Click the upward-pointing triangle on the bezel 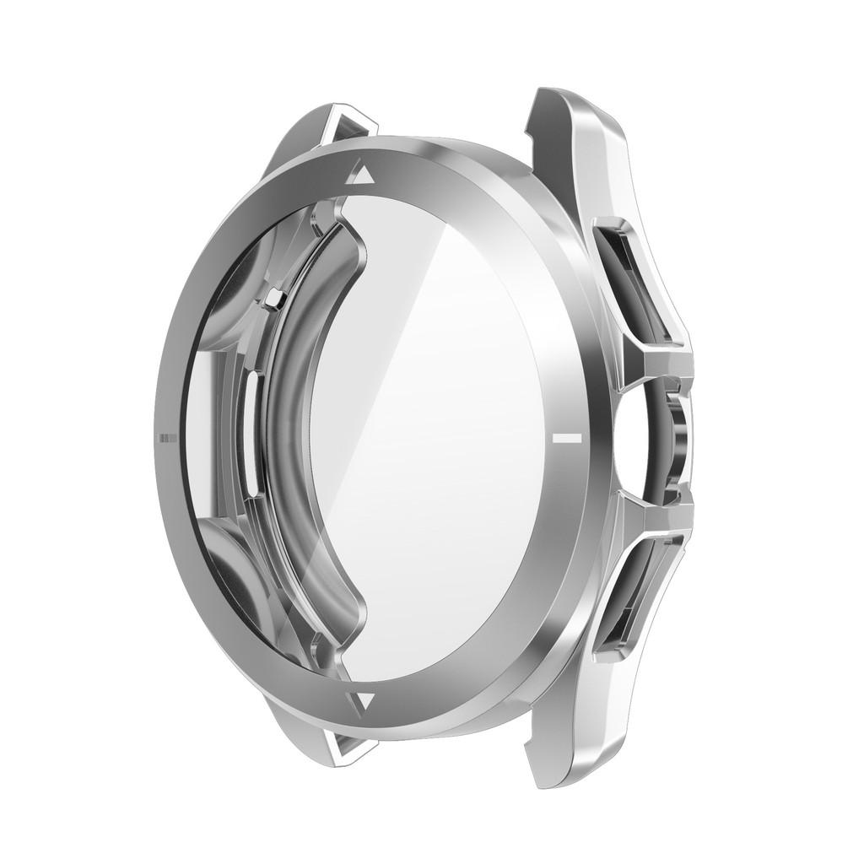[x=364, y=175]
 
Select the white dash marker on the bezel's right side [x=565, y=439]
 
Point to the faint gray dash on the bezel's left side [x=167, y=437]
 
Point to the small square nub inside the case [x=271, y=297]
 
